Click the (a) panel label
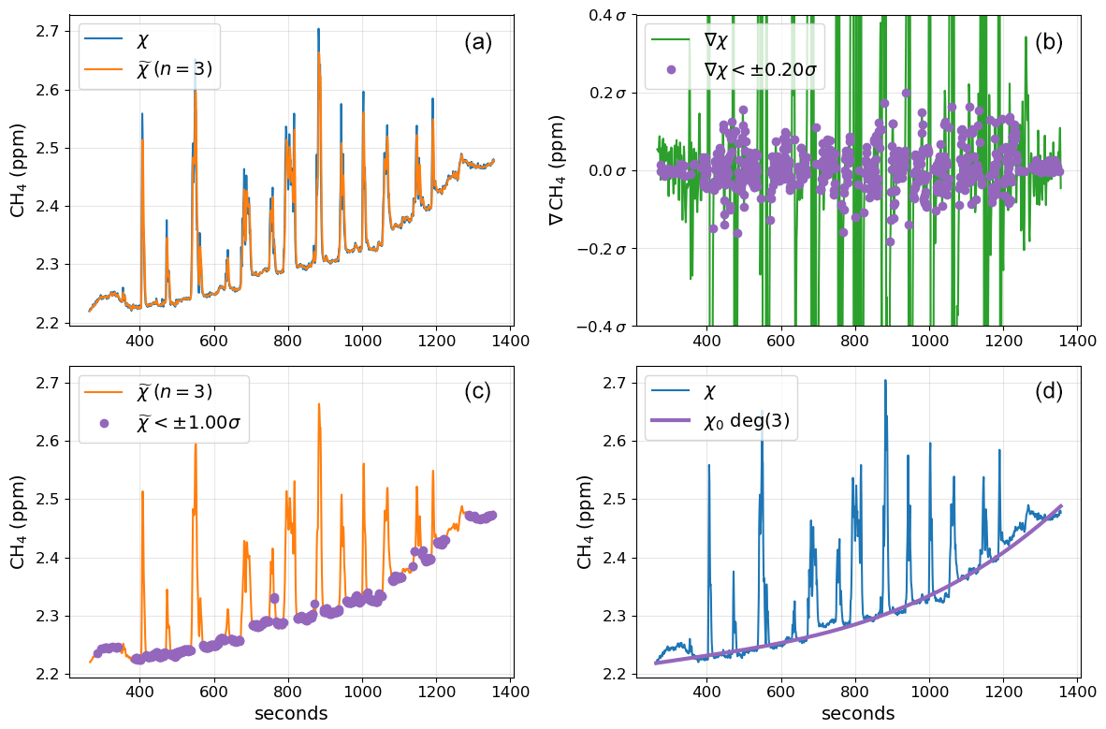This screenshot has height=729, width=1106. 477,42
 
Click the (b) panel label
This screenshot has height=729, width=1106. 1048,42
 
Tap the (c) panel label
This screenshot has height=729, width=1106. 477,393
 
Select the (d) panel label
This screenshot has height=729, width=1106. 1048,393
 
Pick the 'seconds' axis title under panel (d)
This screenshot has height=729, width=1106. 858,714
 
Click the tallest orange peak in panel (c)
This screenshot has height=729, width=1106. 319,404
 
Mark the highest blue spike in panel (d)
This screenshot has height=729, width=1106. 885,380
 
